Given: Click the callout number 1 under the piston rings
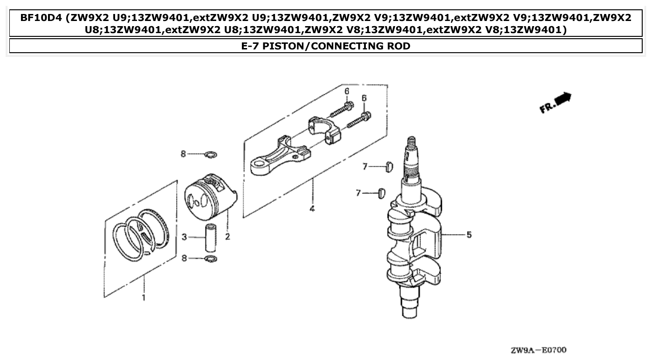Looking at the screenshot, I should click(x=144, y=297).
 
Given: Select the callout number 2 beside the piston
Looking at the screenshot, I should click(x=227, y=237).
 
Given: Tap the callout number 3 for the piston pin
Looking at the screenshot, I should click(x=185, y=237).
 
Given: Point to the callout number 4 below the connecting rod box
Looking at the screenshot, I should click(x=312, y=208).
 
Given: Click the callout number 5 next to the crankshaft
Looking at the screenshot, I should click(x=469, y=235).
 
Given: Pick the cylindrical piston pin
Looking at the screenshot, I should click(x=211, y=238).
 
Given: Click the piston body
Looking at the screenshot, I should click(x=210, y=196).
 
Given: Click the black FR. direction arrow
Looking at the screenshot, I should click(x=563, y=98).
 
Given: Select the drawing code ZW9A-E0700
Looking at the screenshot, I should click(x=538, y=350).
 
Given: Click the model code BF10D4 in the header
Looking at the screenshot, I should click(x=41, y=19).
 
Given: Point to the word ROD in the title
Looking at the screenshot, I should click(x=398, y=46).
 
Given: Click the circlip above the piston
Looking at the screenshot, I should click(x=211, y=154).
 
